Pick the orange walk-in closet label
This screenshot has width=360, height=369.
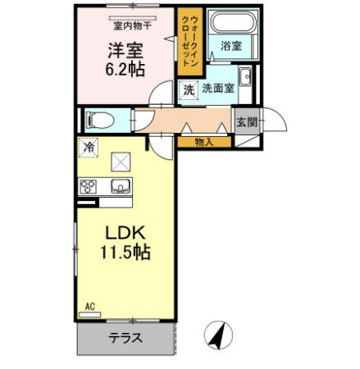tap(186, 41)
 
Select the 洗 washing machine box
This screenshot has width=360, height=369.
tap(189, 89)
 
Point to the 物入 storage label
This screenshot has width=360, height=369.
tap(204, 142)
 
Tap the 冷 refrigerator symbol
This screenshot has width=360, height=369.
tap(88, 148)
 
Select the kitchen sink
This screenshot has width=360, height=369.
tap(121, 187)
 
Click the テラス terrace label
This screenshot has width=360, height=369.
tap(125, 337)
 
